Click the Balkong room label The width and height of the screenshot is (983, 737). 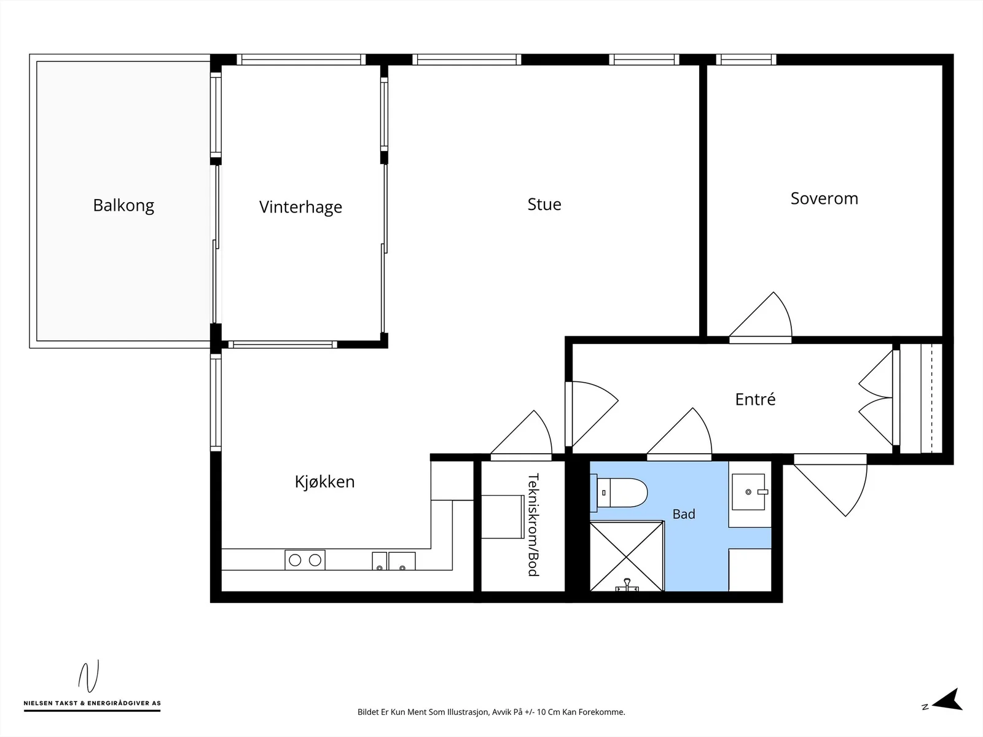pos(123,206)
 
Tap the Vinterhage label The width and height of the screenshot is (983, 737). pos(300,207)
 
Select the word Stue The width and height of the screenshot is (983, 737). pos(544,204)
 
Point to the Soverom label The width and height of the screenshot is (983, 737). pos(824,198)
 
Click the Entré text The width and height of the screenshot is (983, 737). pos(755,399)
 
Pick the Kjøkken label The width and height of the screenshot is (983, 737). pos(324,482)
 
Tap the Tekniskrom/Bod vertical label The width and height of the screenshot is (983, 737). pos(533,524)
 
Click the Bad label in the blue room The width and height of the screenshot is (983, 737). pos(684,514)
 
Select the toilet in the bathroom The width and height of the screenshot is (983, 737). pos(619,493)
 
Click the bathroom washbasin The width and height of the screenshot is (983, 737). pos(748,492)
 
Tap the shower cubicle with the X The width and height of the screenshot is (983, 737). pos(627,556)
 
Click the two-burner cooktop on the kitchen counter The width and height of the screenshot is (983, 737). pos(305,560)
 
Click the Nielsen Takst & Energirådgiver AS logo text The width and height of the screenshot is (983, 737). pos(92,703)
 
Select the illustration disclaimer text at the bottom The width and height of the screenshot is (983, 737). pos(491,712)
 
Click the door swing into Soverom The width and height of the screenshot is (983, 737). pos(761,317)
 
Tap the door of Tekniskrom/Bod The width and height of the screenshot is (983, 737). pos(521,434)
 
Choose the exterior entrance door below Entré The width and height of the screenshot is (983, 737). pos(830,485)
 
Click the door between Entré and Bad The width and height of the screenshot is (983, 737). pos(679,433)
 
